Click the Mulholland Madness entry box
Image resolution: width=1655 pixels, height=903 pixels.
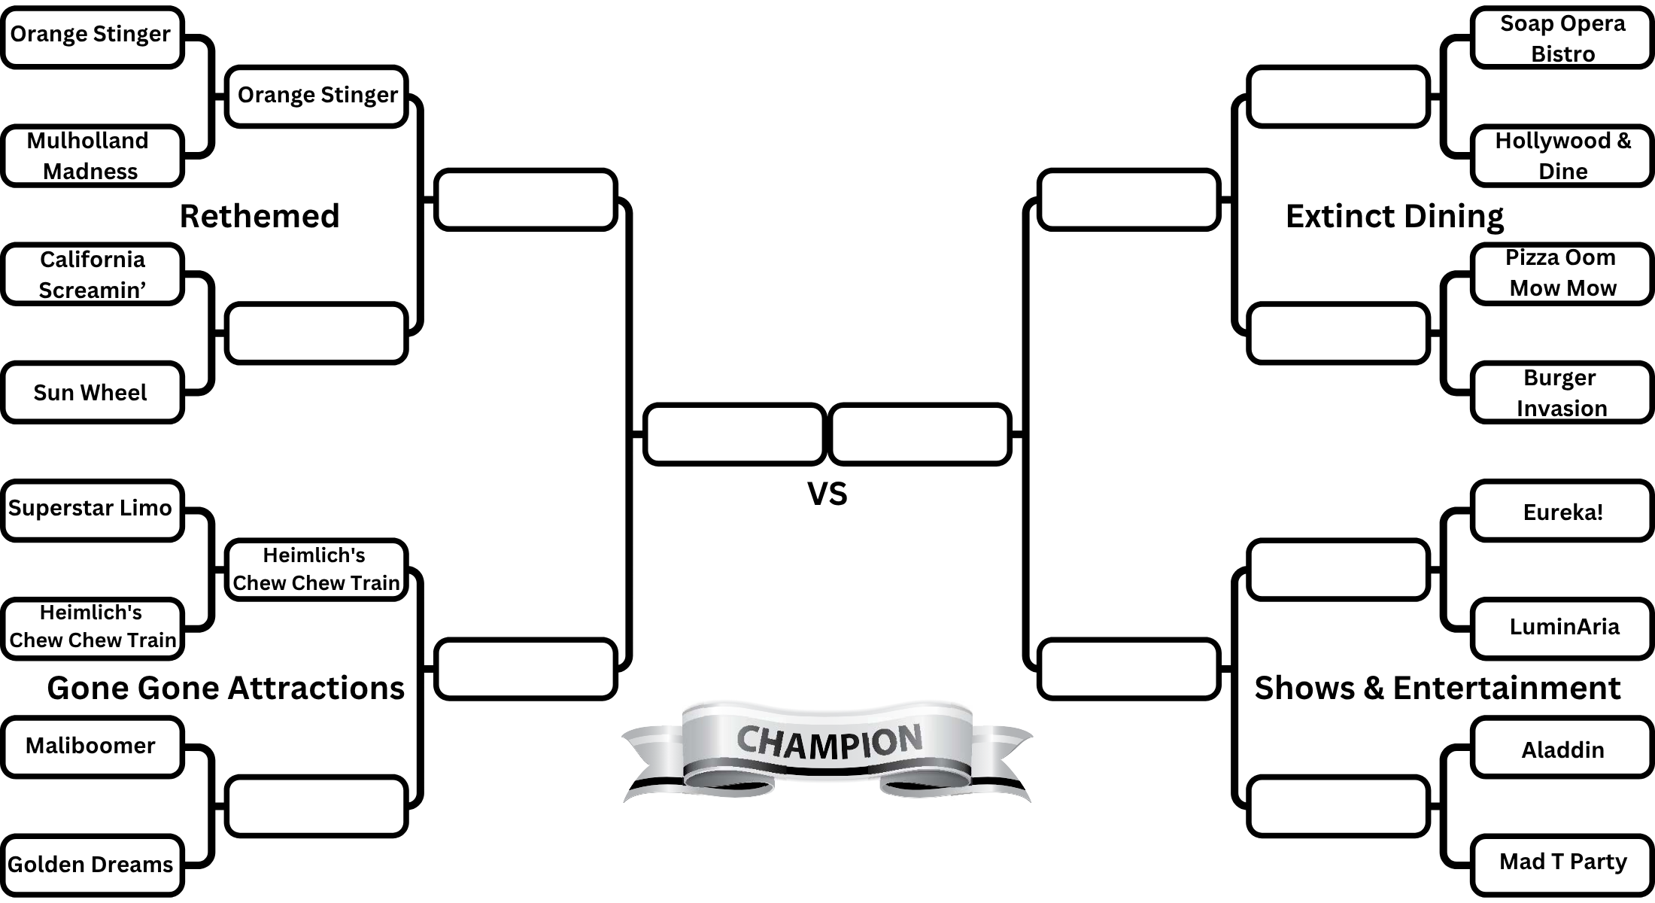click(92, 156)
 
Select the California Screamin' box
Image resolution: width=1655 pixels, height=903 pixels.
click(92, 274)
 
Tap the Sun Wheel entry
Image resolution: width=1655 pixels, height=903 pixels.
click(92, 392)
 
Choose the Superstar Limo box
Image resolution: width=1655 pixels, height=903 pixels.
click(92, 509)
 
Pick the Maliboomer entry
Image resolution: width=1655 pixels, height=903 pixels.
click(92, 746)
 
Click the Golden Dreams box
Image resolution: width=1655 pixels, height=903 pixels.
click(92, 864)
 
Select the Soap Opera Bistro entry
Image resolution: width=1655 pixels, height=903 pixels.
click(1562, 38)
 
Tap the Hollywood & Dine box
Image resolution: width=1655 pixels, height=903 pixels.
click(1562, 156)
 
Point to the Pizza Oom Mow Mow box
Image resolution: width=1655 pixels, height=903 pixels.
click(1562, 273)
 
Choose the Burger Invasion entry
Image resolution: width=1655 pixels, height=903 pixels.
click(1562, 392)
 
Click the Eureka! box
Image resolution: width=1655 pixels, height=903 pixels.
click(1562, 511)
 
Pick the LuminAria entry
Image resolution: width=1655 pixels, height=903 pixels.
click(1562, 628)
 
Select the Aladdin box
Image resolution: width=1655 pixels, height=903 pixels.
click(1562, 747)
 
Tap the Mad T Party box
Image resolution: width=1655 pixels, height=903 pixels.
click(1562, 864)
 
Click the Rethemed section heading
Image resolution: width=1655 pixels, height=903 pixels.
click(260, 216)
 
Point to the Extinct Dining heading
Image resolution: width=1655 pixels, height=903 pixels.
click(1395, 216)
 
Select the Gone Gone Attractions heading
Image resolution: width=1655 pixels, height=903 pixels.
click(226, 688)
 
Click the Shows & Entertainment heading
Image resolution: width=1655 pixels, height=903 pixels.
click(1437, 688)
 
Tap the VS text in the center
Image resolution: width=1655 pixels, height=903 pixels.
click(827, 494)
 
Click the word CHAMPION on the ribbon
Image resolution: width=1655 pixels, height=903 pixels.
click(828, 742)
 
